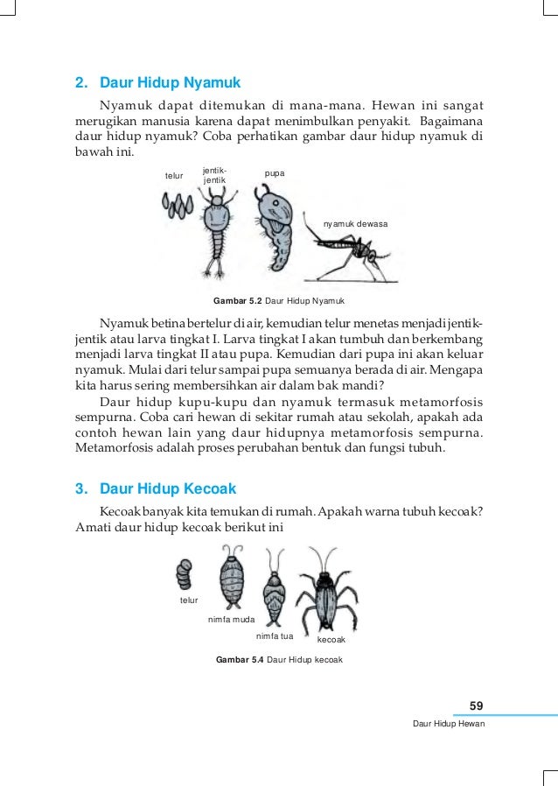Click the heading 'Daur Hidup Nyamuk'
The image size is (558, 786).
click(x=170, y=84)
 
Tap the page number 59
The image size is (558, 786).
click(x=477, y=705)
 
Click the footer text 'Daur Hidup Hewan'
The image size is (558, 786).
click(x=449, y=725)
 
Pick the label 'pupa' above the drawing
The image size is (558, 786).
click(x=275, y=176)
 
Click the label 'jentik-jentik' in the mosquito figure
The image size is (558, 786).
click(x=214, y=174)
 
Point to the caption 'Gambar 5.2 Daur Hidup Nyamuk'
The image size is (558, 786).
click(x=273, y=301)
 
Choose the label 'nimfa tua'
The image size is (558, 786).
click(x=274, y=636)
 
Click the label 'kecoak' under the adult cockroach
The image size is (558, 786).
click(x=331, y=642)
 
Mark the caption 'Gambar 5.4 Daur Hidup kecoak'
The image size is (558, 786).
click(x=279, y=659)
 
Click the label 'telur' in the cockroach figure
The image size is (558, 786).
click(x=188, y=600)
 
